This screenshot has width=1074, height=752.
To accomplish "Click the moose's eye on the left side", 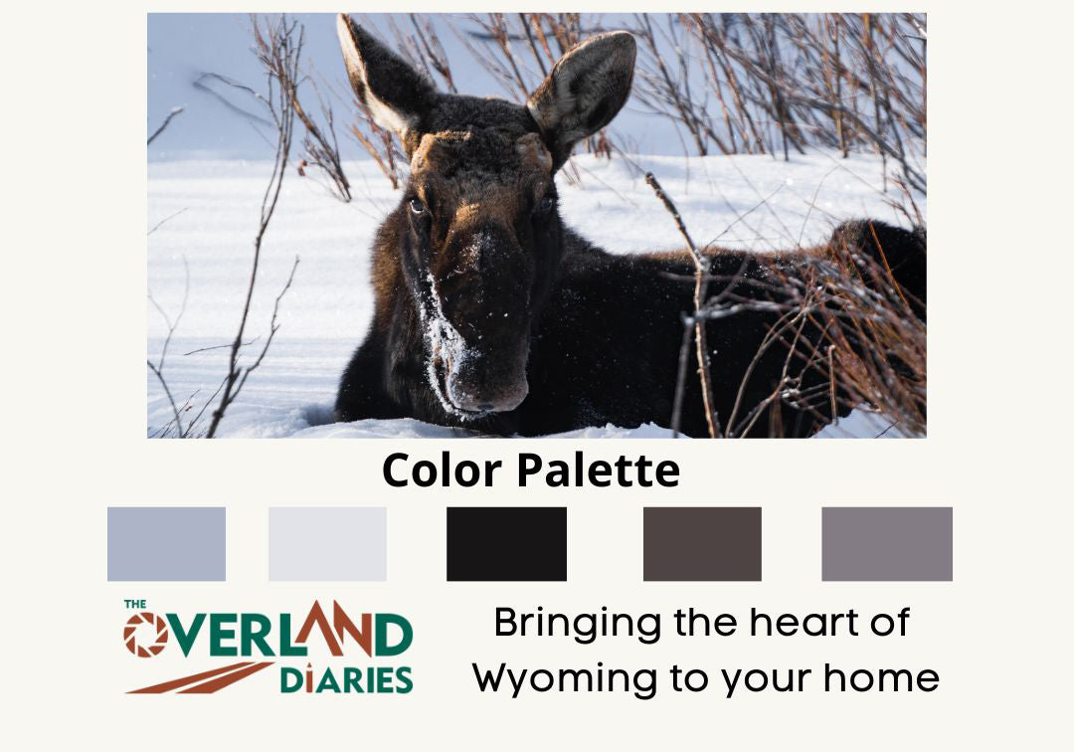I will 417,206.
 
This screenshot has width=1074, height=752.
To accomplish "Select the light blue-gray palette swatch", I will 166,544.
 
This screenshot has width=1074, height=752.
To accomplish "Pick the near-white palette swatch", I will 327,544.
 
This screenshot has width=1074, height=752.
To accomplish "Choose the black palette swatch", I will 506,544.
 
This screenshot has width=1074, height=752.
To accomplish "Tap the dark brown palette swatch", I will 702,544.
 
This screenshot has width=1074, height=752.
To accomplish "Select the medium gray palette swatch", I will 886,544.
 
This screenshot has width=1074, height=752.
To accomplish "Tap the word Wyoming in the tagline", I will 557,679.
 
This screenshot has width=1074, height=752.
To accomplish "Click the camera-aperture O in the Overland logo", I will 145,635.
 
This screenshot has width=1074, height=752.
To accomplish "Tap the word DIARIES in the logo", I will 346,679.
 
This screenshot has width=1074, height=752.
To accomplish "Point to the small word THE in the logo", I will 135,604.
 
